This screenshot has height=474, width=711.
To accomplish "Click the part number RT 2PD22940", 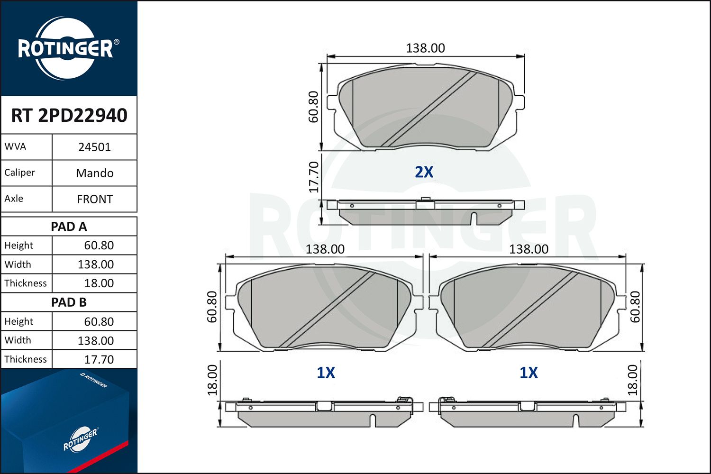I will [x=69, y=115].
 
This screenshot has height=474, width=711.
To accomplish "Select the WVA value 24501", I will [x=94, y=147].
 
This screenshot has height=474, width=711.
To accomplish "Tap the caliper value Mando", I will [x=94, y=173].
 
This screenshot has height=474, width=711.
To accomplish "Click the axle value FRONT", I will [x=94, y=199].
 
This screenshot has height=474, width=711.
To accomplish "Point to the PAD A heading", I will [x=69, y=227].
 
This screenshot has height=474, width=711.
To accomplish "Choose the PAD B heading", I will [x=69, y=302].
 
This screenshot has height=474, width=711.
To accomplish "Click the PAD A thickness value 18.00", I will [x=99, y=283].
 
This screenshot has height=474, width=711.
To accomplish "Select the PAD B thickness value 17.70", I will [x=99, y=359].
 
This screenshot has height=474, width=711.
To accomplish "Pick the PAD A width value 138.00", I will [x=95, y=264].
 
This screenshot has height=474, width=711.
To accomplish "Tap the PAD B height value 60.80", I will [x=99, y=321].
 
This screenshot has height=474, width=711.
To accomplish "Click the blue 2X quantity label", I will [x=424, y=172].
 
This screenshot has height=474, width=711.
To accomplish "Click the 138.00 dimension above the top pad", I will [x=425, y=48].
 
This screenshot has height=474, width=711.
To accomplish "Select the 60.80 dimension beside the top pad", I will [x=314, y=107].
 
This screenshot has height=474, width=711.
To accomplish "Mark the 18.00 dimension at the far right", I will [x=633, y=380].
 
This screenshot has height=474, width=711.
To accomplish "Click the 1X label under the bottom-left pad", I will [x=326, y=373].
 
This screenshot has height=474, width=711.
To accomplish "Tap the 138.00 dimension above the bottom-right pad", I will [x=529, y=249].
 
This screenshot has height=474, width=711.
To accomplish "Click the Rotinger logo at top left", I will [x=66, y=48].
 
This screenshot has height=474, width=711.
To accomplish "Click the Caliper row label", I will [x=20, y=173].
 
